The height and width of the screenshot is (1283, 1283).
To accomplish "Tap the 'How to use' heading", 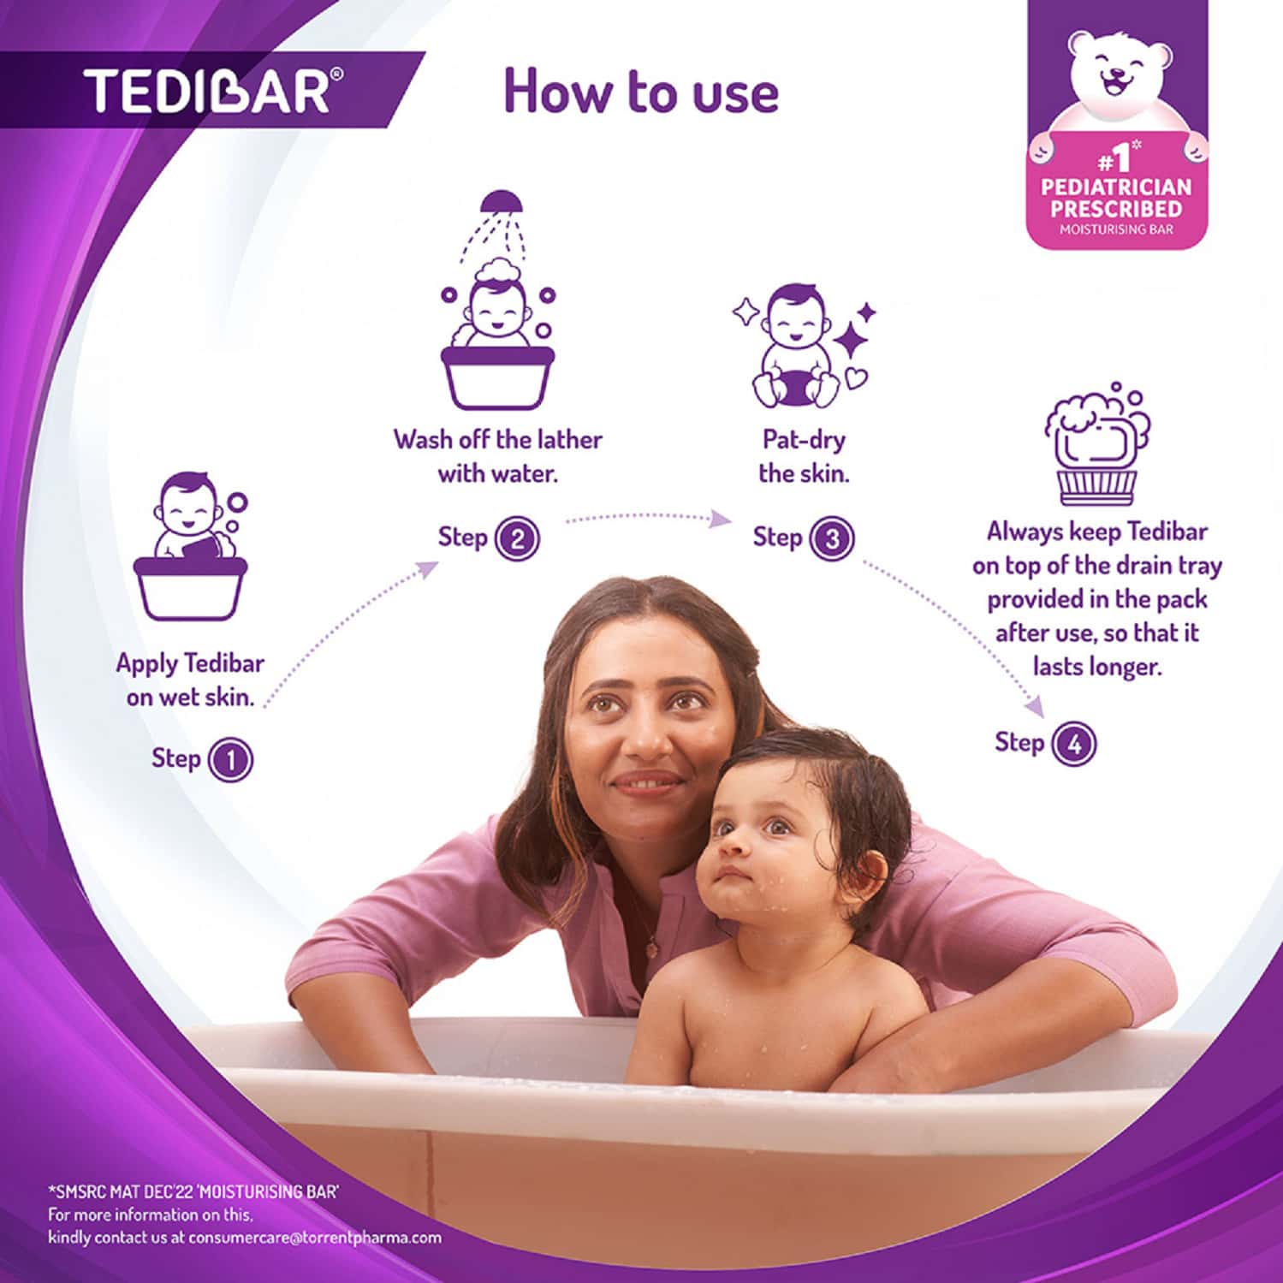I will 641,92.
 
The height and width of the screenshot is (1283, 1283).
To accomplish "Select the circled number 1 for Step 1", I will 230,760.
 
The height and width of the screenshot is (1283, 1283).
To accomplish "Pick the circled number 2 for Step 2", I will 518,539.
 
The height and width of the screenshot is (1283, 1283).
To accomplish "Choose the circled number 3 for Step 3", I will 832,539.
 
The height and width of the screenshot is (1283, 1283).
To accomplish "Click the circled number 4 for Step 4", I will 1074,744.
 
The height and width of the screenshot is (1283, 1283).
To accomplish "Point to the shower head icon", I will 501,204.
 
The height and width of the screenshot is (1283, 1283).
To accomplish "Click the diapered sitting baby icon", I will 793,347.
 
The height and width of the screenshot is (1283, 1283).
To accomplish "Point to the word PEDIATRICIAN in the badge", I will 1116,187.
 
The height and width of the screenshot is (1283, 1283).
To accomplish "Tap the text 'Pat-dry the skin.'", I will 804,456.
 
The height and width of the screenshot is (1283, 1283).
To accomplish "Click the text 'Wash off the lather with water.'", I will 497,456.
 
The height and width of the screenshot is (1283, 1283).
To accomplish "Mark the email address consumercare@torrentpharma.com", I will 315,1238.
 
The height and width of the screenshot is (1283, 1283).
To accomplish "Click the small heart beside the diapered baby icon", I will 856,377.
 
